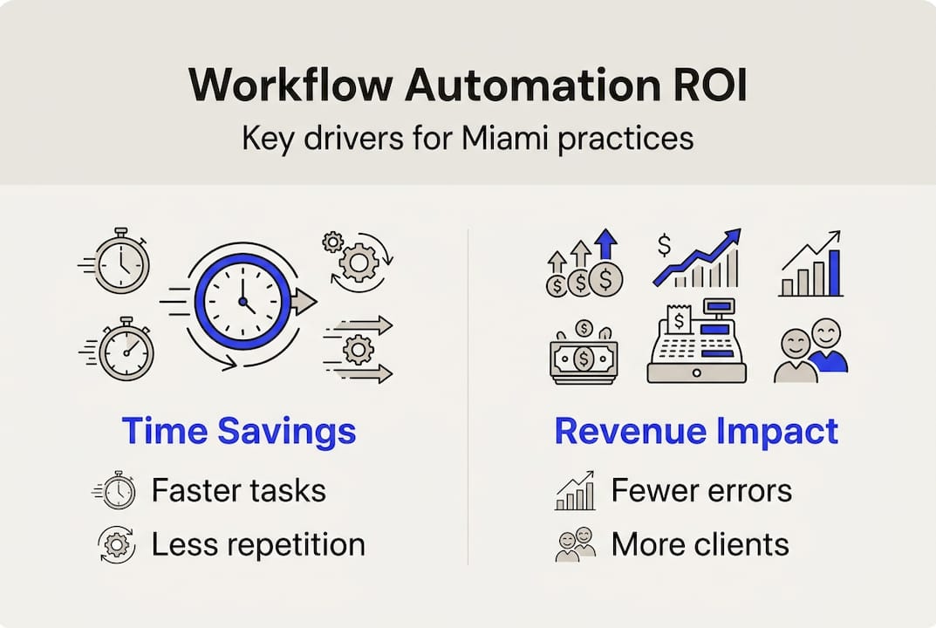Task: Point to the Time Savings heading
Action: pos(238,432)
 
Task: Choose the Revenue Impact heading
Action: pos(696,432)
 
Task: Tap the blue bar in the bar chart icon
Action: pos(833,272)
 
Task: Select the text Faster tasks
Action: pos(238,490)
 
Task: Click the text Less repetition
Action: pos(257,544)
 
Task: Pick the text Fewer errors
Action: pos(701,490)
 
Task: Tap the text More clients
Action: pos(700,544)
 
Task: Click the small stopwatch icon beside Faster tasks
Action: pos(115,491)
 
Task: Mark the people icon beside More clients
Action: pos(575,544)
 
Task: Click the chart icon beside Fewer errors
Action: pos(575,491)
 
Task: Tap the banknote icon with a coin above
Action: pos(584,353)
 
